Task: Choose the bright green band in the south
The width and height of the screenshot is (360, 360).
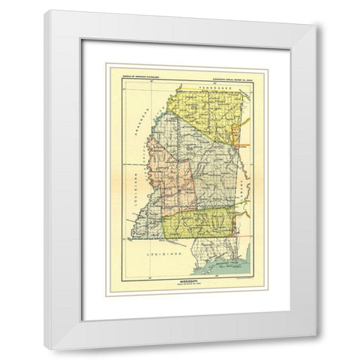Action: [202, 222]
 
